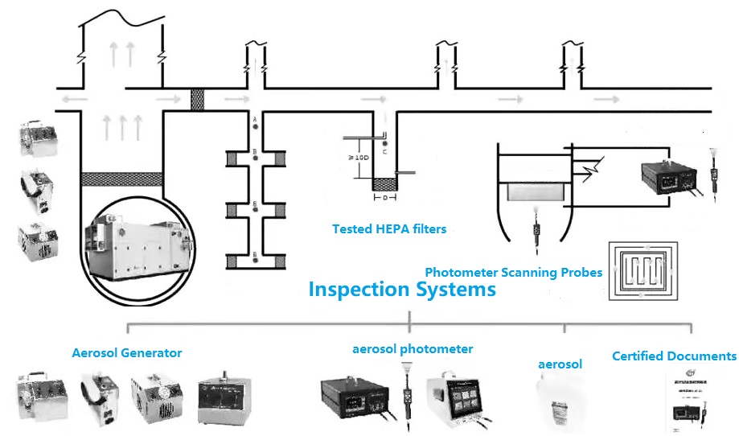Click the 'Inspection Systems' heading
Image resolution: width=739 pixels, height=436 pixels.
[x=402, y=290]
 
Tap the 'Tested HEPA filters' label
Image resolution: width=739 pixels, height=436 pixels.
[x=389, y=229]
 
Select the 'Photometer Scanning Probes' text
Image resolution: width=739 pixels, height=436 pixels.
[x=513, y=273]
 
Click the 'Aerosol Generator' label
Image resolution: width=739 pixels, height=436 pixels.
[x=127, y=352]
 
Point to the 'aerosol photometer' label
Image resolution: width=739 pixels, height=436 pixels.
[x=413, y=349]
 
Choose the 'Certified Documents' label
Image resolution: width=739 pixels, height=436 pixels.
[x=674, y=356]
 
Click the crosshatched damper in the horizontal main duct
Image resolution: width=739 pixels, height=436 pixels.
[x=197, y=100]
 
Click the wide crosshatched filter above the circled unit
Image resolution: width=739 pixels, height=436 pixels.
[x=122, y=178]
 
